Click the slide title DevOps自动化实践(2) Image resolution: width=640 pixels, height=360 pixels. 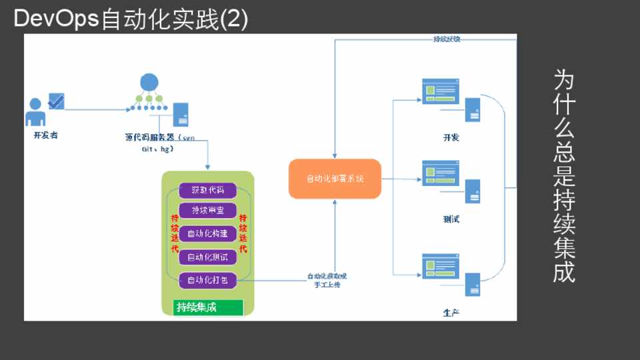tap(131, 19)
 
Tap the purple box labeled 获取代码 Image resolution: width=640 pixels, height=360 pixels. tap(208, 190)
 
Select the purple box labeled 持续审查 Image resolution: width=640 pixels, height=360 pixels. tap(208, 211)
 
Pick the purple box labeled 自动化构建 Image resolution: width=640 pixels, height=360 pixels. tap(208, 234)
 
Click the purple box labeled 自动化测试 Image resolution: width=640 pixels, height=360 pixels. tap(208, 257)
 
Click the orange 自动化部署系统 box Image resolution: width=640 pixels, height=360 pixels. tap(335, 179)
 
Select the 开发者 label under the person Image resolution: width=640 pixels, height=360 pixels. tap(45, 135)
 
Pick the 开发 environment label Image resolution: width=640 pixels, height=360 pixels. tap(451, 137)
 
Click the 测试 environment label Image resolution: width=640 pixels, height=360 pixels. tap(451, 219)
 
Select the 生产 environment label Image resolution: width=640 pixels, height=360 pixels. tap(451, 312)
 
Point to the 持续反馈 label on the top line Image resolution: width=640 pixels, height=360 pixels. tap(446, 39)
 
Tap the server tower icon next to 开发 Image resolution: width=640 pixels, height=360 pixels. tap(473, 110)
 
